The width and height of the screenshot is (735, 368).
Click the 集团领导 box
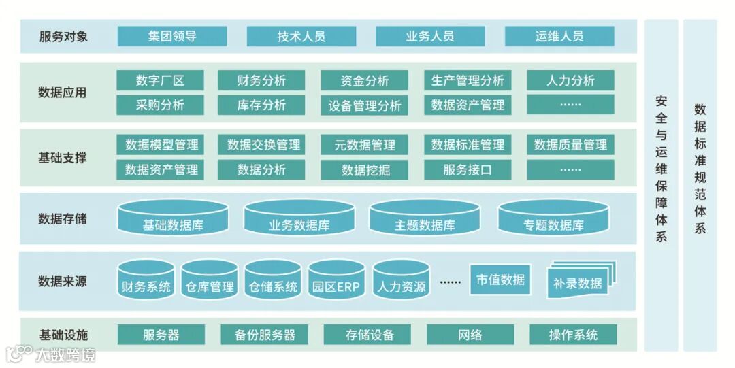coord(171,36)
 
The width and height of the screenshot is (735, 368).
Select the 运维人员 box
coord(559,36)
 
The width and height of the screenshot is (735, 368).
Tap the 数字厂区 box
coord(160,80)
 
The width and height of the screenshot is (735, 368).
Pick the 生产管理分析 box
coord(467,80)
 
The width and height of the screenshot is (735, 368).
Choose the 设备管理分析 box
coord(364,105)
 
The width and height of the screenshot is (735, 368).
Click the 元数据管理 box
coord(364,145)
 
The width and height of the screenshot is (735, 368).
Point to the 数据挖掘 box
coord(364,170)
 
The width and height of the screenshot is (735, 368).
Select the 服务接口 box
coord(467,170)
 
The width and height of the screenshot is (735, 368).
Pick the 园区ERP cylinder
coord(336,280)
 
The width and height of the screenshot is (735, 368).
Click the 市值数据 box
coord(500,279)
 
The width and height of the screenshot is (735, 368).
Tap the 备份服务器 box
coord(264,335)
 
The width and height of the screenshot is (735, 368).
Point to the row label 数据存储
coord(63,219)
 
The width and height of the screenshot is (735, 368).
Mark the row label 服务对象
coord(63,36)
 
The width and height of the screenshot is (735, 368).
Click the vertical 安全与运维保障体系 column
coord(661,170)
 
